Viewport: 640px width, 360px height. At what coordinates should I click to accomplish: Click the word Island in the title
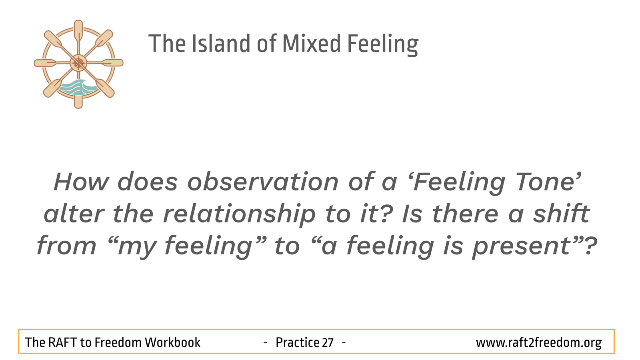[220, 44]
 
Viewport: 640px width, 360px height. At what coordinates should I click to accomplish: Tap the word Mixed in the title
[312, 44]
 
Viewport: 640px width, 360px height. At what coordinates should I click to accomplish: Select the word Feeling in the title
[383, 44]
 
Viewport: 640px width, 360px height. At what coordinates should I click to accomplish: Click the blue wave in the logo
[77, 88]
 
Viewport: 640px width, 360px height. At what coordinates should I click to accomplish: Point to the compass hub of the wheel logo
[78, 63]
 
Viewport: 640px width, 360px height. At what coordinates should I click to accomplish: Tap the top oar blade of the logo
[78, 30]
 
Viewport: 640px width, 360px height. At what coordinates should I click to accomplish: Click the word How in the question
[81, 182]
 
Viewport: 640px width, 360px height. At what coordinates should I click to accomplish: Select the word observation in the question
[262, 182]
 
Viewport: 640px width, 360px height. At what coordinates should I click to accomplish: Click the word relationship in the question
[239, 214]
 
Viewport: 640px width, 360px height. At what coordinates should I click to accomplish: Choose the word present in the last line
[522, 247]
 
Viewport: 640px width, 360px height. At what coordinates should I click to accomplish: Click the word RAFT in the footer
[62, 342]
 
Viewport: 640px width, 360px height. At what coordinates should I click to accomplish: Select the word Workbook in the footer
[172, 342]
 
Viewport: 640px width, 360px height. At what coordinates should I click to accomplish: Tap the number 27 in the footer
[328, 342]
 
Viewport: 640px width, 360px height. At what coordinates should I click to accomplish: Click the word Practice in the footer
[298, 342]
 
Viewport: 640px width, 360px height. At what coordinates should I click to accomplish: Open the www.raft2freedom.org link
[538, 343]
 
